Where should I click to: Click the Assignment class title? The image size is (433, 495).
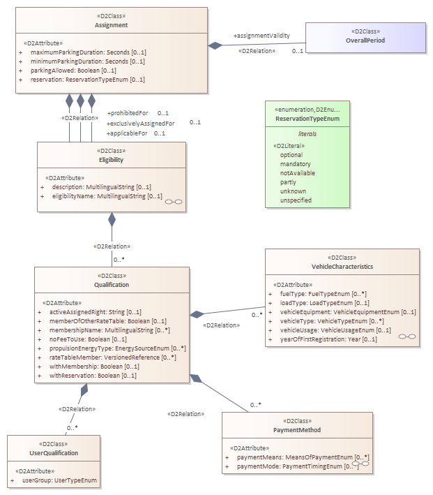112,25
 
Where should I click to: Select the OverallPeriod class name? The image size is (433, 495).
365,40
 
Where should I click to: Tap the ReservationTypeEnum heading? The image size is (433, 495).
307,119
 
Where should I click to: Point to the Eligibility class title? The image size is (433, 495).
112,160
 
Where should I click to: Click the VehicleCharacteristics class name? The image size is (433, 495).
342,267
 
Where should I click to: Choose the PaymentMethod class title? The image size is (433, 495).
297,430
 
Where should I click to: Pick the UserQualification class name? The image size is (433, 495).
54,453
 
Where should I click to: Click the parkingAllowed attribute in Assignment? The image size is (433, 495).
73,71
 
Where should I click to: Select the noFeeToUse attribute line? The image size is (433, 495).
88,339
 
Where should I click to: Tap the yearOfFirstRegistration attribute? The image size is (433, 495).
328,339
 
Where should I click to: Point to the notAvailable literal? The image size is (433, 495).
298,173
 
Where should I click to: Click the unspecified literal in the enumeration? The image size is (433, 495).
296,200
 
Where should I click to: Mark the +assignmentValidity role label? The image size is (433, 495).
261,36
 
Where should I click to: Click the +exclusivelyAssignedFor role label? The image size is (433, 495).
140,124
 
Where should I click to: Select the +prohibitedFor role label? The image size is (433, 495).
128,113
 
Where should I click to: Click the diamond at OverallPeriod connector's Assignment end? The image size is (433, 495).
215,45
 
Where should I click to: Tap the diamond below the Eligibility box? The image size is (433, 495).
112,220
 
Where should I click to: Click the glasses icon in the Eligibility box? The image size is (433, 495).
174,202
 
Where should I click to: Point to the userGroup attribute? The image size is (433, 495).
59,480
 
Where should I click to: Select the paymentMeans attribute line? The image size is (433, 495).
303,457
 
